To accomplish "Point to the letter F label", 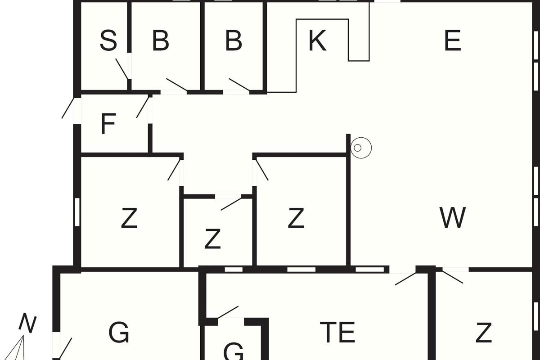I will coord(108,124).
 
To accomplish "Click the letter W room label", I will coord(453,218).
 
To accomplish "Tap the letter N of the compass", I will coord(28,324).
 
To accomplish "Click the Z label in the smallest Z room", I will coord(212,239).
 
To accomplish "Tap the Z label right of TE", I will coord(483,333).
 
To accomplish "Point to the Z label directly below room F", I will coord(129,219).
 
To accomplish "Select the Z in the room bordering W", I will coord(296,218).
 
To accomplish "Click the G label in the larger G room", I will coord(119,333).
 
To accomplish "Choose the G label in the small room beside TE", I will coord(233,351).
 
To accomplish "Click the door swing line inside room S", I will coord(121,68).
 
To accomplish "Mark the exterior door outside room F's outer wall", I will coord(68,108).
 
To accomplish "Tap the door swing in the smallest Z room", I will coord(231,204).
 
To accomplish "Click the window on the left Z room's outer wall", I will coord(77,211).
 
